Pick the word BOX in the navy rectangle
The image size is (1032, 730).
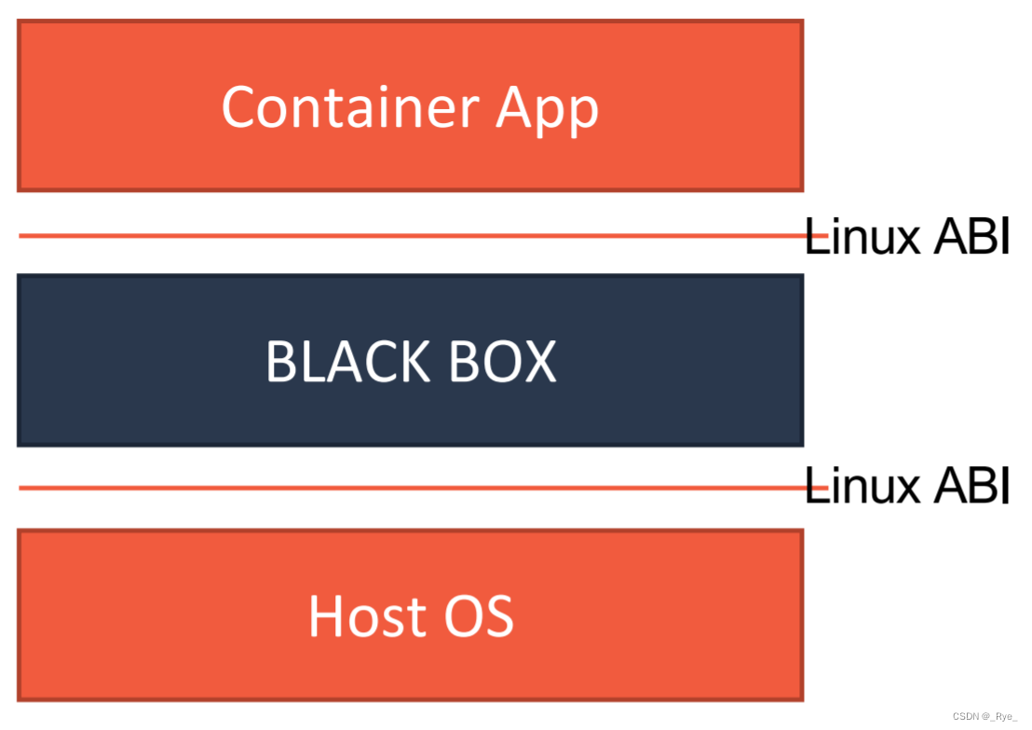pos(502,362)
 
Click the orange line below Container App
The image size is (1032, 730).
pos(410,236)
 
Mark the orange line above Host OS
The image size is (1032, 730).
pos(410,488)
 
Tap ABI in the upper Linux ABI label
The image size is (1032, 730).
pos(970,236)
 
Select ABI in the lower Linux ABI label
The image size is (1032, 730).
pos(970,487)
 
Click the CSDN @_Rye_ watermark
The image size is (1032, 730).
pos(985,715)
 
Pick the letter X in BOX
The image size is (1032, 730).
pos(539,362)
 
